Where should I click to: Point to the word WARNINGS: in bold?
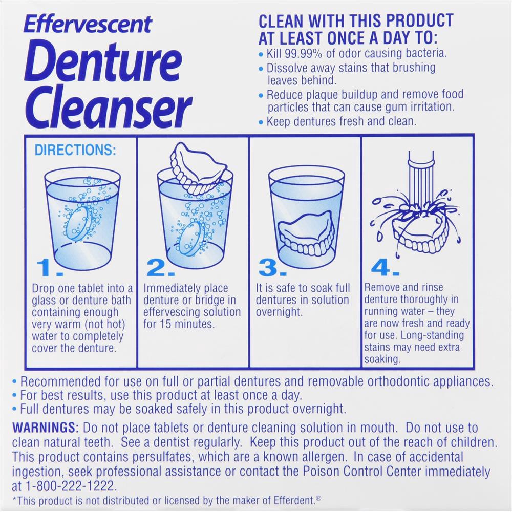pos(45,428)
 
